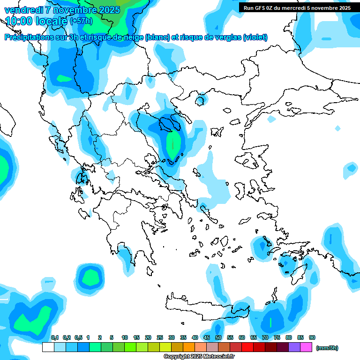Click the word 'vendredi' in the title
23,10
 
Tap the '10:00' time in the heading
19,21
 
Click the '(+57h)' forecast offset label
81,21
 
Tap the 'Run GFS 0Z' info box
297,8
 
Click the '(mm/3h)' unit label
327,348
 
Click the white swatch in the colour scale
48,347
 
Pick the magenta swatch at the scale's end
306,347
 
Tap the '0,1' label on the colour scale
54,337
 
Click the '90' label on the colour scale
312,337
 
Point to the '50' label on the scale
218,337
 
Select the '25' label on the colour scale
160,337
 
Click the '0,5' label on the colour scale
78,337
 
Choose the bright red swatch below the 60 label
247,347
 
